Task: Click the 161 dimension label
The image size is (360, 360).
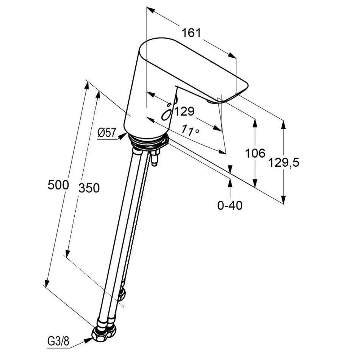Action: [x=191, y=33]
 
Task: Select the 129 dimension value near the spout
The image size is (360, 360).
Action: [x=185, y=111]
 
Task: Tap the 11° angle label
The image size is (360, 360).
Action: [x=190, y=130]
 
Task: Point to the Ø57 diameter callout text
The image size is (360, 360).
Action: [x=107, y=133]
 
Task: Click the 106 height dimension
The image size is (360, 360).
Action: [x=255, y=153]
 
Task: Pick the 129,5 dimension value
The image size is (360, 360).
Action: [x=284, y=163]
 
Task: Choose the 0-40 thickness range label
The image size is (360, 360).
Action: [x=230, y=205]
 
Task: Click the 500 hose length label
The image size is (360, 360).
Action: [x=58, y=185]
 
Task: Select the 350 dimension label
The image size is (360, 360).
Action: [x=89, y=188]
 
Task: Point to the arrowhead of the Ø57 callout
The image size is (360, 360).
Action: [x=123, y=136]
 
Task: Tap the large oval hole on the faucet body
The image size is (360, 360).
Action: [x=167, y=114]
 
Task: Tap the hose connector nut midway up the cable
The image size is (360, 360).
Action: [x=122, y=294]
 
